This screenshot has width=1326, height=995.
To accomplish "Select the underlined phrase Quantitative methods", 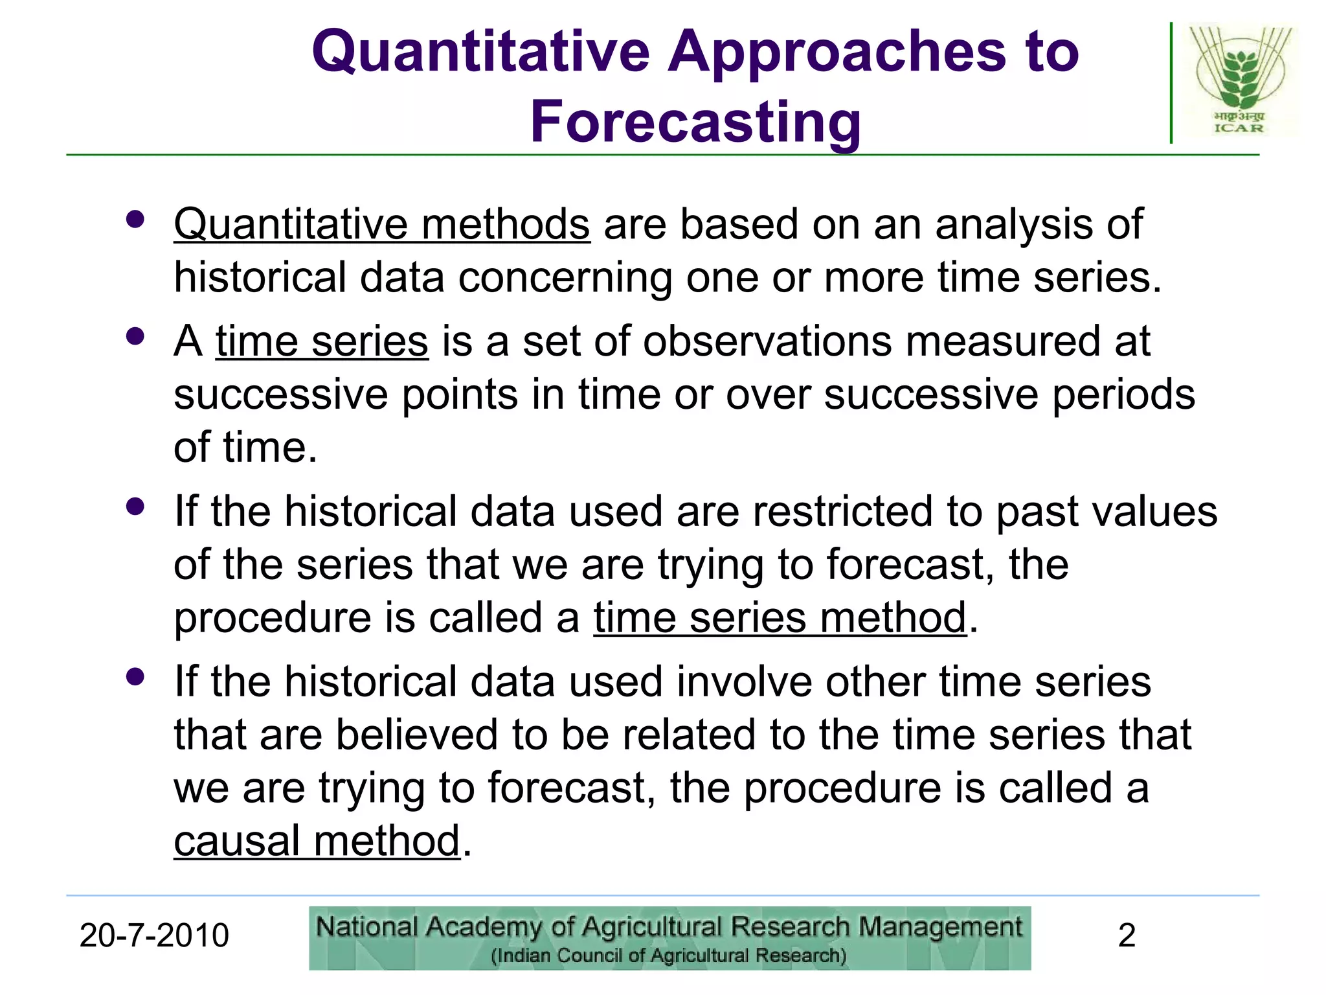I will point(382,225).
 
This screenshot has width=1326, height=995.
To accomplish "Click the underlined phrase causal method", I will point(317,841).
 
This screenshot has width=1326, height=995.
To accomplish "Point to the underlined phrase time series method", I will point(780,617).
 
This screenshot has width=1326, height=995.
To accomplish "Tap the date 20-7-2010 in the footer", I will point(154,935).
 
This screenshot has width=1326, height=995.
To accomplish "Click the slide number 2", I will point(1127,935).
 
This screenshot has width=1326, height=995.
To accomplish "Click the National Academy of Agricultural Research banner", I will point(669,938).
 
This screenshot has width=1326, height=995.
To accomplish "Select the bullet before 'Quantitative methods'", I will point(135,220).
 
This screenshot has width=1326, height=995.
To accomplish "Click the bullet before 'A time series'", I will point(135,337).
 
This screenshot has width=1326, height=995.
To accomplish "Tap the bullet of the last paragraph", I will point(135,678).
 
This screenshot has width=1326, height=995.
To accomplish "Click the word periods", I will point(1123,395).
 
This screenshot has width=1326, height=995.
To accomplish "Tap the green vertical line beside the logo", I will point(1171,83).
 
